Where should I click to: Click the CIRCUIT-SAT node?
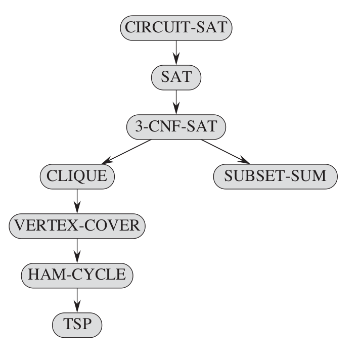[x=176, y=27]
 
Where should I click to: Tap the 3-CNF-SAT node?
[x=176, y=126]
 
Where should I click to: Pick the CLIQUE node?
[x=77, y=176]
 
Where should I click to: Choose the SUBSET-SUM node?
[x=275, y=176]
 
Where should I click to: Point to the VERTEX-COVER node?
[x=77, y=225]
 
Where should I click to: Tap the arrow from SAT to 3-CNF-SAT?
[x=176, y=101]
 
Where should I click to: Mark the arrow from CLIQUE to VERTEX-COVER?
[x=77, y=201]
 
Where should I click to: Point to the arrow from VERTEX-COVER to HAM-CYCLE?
[x=77, y=250]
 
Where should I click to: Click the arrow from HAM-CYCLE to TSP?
[x=77, y=299]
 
